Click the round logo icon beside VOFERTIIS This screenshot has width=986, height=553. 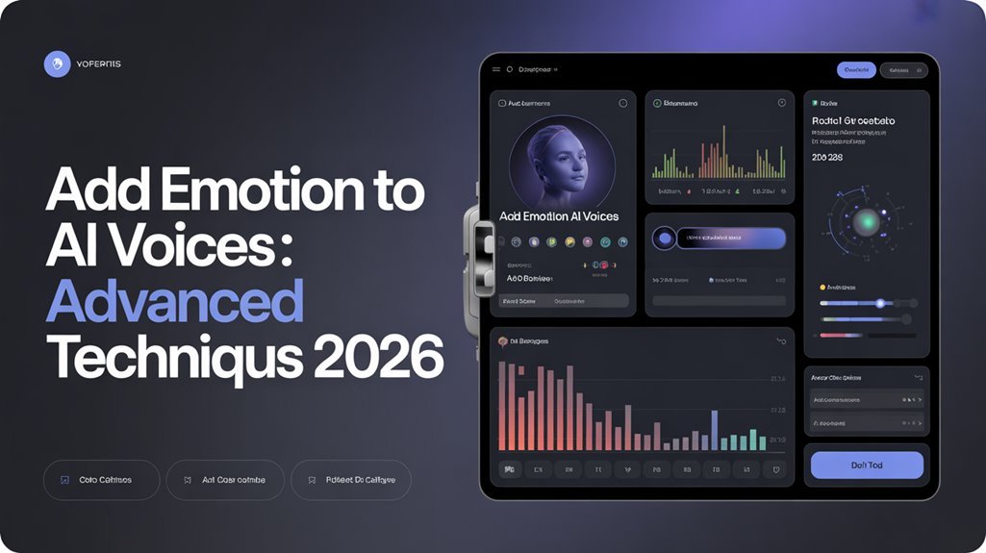[58, 64]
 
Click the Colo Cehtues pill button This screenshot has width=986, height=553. [101, 479]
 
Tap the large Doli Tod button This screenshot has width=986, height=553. [867, 465]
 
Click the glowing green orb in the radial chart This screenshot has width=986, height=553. [867, 223]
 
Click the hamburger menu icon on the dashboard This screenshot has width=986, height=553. [496, 69]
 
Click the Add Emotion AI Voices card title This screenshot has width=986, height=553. [559, 216]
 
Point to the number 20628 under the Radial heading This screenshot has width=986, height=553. [827, 156]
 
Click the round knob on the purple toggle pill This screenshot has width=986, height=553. [664, 239]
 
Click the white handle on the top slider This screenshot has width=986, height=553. [880, 303]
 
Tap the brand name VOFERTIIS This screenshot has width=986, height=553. [97, 64]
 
